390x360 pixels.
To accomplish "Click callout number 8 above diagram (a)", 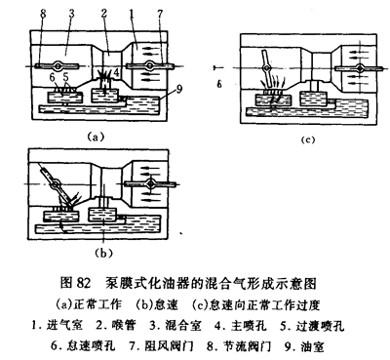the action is coord(43,14).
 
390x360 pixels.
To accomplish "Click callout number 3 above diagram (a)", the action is coord(71,14).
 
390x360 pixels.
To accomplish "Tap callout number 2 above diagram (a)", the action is coord(104,14).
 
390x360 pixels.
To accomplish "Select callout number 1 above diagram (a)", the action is coord(132,14).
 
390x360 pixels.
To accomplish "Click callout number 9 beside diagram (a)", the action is coord(179,89).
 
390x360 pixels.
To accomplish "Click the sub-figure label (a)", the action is coord(96,137).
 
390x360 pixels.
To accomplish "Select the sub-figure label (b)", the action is coord(102,253).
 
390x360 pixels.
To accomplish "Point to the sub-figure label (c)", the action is coord(308,140).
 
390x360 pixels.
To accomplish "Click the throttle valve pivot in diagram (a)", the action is coord(58,65).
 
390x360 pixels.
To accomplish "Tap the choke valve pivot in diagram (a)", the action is coord(149,65).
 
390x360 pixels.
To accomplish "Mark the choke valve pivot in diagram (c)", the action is coord(360,68).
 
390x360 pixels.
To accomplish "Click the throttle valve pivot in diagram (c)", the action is coord(266,68).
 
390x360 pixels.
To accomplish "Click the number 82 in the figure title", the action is coord(83,284).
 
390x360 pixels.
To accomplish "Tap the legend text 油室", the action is coord(312,346).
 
